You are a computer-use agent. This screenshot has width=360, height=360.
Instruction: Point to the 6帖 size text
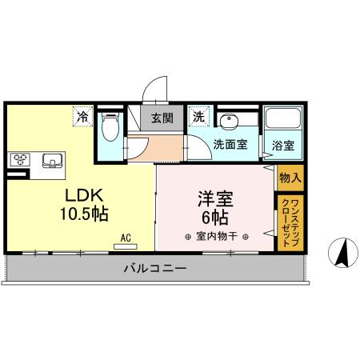(x=215, y=217)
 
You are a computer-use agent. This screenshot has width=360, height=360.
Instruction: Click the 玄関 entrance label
(x=162, y=118)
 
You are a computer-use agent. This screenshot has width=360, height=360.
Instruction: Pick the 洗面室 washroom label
(x=230, y=146)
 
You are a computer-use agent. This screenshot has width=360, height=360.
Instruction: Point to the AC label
(x=126, y=237)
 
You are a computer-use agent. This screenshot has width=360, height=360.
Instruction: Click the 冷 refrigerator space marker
(x=82, y=118)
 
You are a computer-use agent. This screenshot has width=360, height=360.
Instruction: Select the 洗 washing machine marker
(x=197, y=118)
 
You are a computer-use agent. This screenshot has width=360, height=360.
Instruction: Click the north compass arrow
(x=342, y=254)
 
